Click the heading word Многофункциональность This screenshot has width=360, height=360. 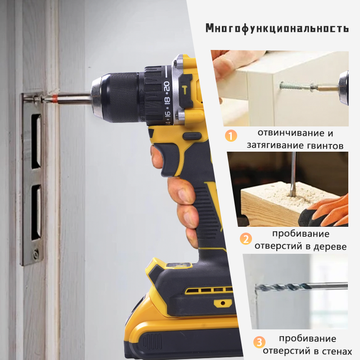(x=277, y=28)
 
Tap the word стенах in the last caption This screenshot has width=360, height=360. (x=337, y=351)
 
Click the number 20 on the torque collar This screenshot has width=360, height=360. (x=166, y=86)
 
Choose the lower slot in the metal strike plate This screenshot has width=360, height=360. (x=36, y=211)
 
